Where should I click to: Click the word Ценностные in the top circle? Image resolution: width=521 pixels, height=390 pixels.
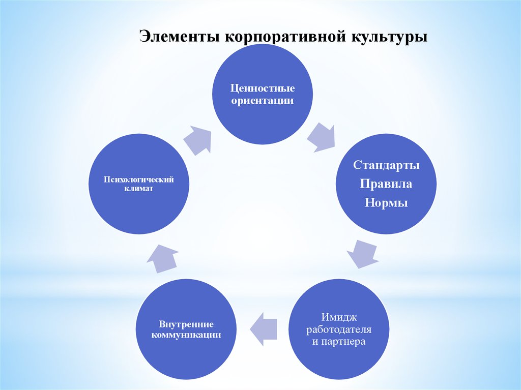click(260, 88)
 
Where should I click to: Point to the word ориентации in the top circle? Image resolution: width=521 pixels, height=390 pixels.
click(260, 100)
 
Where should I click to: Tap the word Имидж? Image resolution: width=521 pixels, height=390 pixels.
click(339, 317)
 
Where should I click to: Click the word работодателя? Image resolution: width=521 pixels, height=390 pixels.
click(339, 329)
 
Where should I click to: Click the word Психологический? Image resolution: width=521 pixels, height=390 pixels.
click(139, 179)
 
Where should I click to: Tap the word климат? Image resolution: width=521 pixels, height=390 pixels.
click(139, 188)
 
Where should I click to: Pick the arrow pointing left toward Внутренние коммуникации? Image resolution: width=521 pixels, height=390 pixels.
click(263, 329)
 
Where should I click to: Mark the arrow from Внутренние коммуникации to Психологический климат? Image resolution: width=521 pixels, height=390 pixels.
click(162, 259)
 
